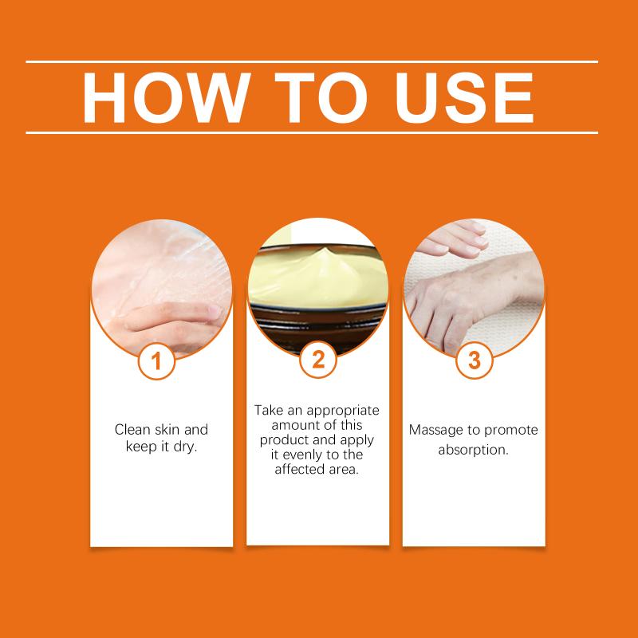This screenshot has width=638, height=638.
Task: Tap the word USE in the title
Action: tap(464, 97)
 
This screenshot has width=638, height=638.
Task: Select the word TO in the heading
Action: tap(321, 97)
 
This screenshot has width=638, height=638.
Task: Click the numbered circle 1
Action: tap(156, 361)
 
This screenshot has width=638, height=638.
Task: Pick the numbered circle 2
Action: tap(317, 360)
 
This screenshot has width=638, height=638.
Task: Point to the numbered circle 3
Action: tap(474, 360)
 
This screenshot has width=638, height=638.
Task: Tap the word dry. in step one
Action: tap(185, 447)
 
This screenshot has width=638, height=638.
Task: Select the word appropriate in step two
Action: tap(343, 411)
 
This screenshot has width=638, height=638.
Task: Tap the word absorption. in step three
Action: tap(473, 450)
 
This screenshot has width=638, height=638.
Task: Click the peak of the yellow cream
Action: tap(324, 249)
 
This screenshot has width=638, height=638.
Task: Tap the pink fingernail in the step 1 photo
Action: tap(215, 312)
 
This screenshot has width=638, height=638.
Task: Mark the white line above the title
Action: tap(312, 62)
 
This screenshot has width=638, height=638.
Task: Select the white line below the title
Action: tap(312, 132)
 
